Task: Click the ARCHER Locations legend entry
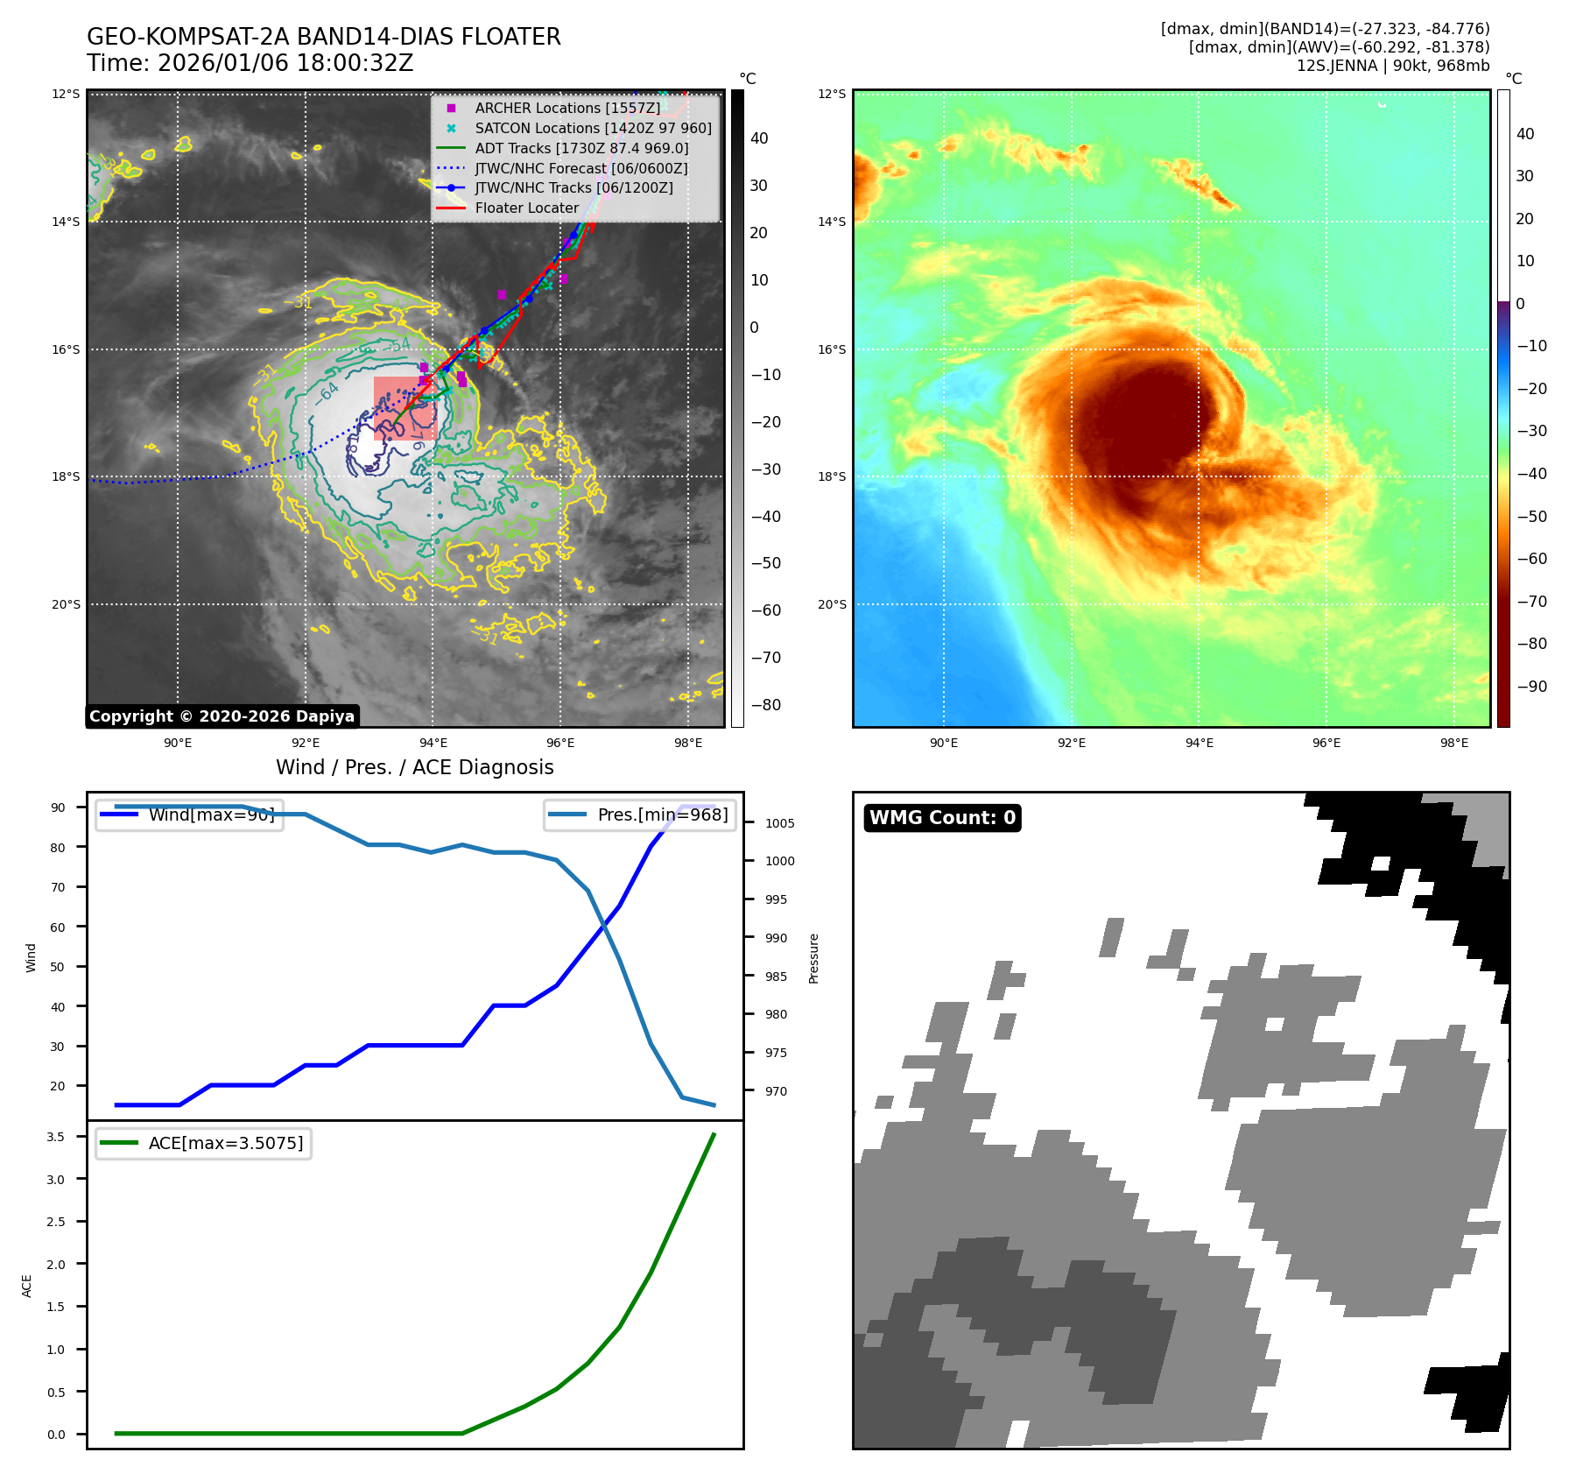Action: tap(567, 108)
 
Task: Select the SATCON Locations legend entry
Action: tap(593, 128)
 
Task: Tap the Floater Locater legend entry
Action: tap(526, 208)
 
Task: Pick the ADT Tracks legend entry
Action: tap(581, 148)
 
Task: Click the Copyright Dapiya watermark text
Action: tap(222, 716)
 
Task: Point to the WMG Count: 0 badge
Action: tap(942, 817)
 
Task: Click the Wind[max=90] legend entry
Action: tap(211, 815)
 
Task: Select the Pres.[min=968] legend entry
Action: tap(662, 815)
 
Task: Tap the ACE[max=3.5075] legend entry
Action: tap(225, 1143)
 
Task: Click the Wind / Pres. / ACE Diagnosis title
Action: tap(415, 767)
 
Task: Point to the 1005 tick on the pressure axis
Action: tap(779, 823)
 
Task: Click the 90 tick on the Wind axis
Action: tap(58, 807)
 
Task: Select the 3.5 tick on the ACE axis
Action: tap(56, 1137)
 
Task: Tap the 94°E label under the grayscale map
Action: tap(433, 743)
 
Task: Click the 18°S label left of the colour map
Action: tap(832, 477)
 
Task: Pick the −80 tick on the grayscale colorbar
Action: tap(765, 705)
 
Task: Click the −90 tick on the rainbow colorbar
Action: tap(1531, 687)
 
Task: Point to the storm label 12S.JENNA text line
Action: tap(1392, 66)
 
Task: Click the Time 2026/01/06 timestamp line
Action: tap(250, 63)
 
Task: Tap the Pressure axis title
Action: tap(813, 958)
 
